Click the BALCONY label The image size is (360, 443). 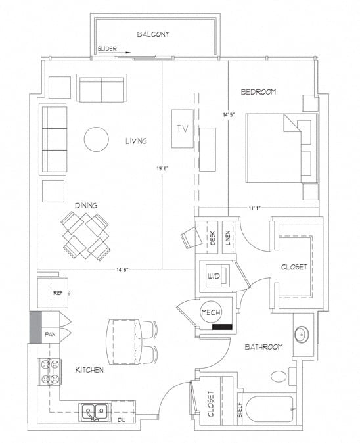[154, 34]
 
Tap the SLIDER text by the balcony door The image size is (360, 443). [107, 49]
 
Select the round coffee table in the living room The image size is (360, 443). [97, 138]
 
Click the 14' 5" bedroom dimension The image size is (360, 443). [229, 115]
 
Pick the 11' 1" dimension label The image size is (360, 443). [256, 208]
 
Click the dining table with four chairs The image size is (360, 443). [86, 235]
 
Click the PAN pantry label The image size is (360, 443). [49, 335]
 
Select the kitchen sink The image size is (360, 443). [95, 411]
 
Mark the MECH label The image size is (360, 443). [210, 313]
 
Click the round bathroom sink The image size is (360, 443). [303, 334]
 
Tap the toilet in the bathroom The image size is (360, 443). [279, 377]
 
